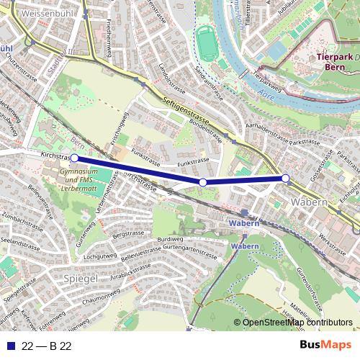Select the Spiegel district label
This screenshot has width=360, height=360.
coord(81,278)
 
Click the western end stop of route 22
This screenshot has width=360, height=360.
coord(73,158)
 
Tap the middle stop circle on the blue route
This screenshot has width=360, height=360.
coord(203,183)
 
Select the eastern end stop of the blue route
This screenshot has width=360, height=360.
coord(285,178)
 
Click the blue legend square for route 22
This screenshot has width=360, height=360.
coord(9,346)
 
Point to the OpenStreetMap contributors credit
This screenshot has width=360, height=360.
coord(297,323)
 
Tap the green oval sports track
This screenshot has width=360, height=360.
coord(207,45)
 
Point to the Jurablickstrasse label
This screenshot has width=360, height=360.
coord(132,274)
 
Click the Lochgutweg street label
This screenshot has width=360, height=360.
coord(100,256)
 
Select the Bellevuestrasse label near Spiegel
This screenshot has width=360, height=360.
coord(141,253)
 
